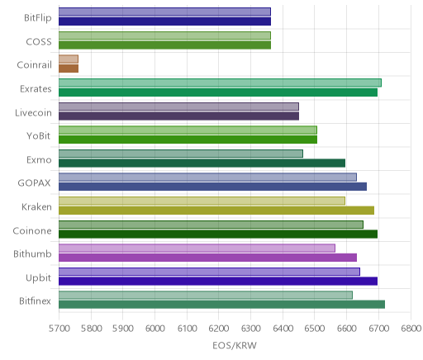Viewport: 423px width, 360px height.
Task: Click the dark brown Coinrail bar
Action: (69, 69)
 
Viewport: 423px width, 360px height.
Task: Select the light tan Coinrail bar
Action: (69, 59)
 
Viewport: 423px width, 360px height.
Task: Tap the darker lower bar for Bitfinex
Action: (221, 305)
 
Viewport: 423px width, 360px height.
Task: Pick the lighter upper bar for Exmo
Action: (181, 154)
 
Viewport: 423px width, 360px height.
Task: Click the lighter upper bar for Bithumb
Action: (197, 248)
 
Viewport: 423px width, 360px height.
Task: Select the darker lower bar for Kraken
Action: (216, 211)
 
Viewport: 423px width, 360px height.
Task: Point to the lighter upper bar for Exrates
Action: (220, 83)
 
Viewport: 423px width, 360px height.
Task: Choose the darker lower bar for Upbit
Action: (218, 281)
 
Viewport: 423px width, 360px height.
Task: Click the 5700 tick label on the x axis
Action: (59, 329)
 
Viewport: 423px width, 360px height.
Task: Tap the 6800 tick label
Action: (411, 329)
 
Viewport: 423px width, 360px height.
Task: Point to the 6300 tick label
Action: (251, 329)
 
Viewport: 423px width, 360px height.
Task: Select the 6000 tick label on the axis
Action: (155, 329)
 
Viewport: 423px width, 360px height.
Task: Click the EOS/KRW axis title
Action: (235, 345)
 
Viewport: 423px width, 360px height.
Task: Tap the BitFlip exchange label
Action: (38, 17)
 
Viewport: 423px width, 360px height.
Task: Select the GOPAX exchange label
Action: (35, 183)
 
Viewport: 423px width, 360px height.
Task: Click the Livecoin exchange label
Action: (33, 112)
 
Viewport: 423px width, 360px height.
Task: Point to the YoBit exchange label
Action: (39, 135)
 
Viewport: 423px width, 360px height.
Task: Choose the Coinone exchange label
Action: (32, 230)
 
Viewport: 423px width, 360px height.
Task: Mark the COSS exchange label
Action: (39, 41)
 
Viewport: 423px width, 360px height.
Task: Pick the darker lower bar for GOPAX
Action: (212, 187)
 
